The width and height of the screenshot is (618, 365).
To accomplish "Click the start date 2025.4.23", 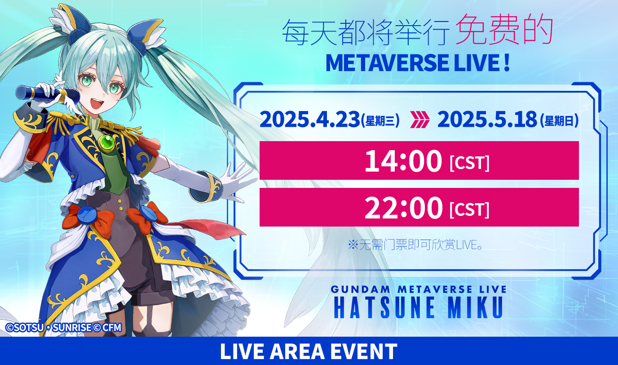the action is click(309, 120).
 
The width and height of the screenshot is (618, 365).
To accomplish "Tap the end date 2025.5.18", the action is click(487, 120).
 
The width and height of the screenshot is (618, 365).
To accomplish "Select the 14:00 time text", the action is click(403, 160).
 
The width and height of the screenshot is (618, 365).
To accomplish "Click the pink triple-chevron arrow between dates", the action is click(419, 120).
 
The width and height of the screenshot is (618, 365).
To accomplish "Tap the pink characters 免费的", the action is click(504, 29).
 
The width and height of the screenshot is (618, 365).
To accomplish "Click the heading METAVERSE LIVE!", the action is click(417, 63).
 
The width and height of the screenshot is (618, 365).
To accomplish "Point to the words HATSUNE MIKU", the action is click(418, 307).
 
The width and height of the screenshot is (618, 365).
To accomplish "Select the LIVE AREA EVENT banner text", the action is click(309, 351).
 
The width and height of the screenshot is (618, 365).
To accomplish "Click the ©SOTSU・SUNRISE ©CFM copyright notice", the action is click(63, 327).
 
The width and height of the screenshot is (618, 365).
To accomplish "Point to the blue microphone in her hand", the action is click(48, 94).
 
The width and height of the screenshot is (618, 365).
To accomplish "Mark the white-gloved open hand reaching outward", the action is click(236, 181).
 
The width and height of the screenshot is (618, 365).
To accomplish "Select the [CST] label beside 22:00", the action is click(470, 210).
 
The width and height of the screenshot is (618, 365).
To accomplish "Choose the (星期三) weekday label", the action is click(380, 120).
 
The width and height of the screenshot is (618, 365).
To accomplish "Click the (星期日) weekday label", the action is click(559, 120).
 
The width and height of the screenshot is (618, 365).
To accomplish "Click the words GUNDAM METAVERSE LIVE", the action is click(418, 289).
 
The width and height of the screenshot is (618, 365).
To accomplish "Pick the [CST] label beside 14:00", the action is click(470, 163).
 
